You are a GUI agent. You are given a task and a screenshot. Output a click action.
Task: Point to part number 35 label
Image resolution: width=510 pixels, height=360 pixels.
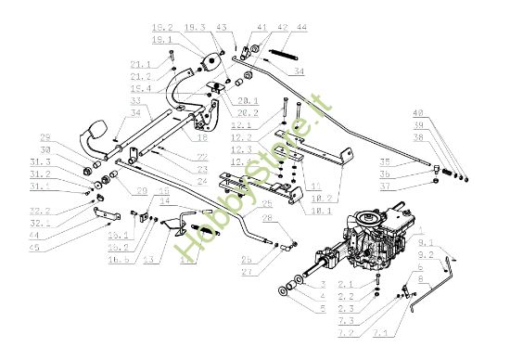pyautogui.click(x=413, y=161)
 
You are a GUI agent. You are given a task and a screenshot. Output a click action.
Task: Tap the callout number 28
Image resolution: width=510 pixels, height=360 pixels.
pyautogui.click(x=267, y=218)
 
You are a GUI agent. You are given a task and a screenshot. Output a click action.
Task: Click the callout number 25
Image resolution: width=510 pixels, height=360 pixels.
pyautogui.click(x=265, y=203)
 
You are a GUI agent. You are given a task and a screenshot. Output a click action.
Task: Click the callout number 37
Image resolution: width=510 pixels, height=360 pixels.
pyautogui.click(x=414, y=186)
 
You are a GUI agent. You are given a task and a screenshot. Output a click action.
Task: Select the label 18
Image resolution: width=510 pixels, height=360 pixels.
pyautogui.click(x=201, y=136)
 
